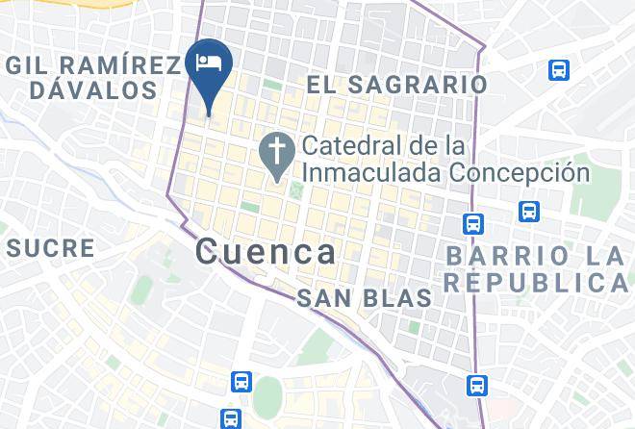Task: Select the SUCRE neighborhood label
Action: click(51, 247)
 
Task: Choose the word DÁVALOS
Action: click(92, 90)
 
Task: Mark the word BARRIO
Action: click(503, 256)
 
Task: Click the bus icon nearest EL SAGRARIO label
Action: click(559, 69)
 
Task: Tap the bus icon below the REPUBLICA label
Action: click(475, 386)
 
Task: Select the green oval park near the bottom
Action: click(267, 396)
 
